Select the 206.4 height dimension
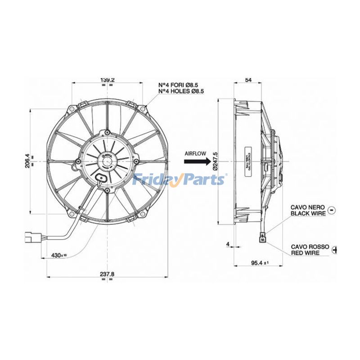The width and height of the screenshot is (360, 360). click(x=27, y=160)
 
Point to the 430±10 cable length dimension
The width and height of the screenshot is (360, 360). click(x=59, y=255)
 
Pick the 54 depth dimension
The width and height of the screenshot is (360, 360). click(x=248, y=80)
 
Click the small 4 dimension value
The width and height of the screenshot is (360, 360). click(x=228, y=244)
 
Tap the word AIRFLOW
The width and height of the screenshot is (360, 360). click(x=195, y=153)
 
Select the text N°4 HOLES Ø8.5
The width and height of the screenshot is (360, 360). click(x=181, y=91)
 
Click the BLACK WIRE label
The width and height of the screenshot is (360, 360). click(x=307, y=214)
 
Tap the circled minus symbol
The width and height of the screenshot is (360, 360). click(x=332, y=210)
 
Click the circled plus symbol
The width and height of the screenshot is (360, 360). click(x=335, y=249)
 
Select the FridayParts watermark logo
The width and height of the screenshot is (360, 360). click(x=180, y=180)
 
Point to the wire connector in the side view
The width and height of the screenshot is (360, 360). click(x=263, y=237)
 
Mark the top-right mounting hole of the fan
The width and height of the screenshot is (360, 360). click(x=143, y=108)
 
